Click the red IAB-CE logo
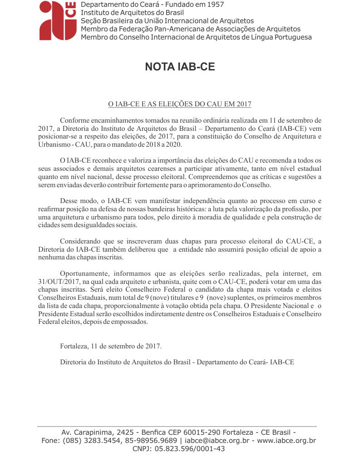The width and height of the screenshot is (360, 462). [x=57, y=20]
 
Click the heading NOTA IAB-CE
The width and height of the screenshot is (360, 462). [x=180, y=67]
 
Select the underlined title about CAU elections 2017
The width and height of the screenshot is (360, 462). [x=179, y=104]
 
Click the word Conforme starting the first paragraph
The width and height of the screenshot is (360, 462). [x=74, y=120]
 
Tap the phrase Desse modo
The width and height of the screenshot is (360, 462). [x=75, y=201]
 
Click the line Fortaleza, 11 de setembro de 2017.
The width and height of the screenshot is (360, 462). [x=110, y=346]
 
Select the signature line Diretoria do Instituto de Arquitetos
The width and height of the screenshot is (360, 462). [x=177, y=362]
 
